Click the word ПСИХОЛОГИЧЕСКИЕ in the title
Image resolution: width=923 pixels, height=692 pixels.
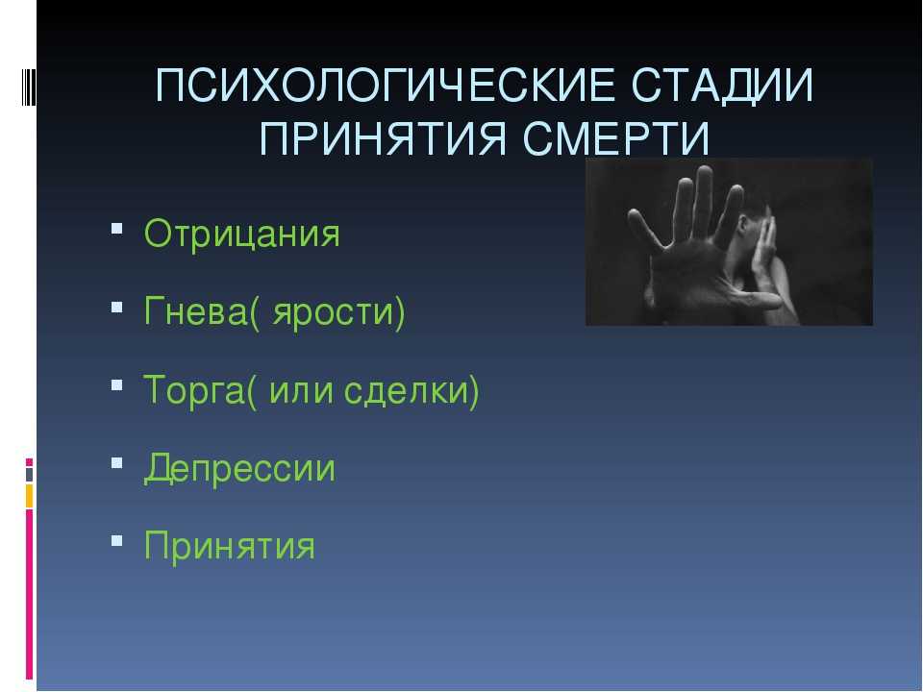(x=385, y=86)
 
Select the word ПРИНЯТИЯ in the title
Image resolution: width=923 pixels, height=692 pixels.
(x=383, y=138)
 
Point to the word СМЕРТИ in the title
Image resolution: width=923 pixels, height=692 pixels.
(x=615, y=138)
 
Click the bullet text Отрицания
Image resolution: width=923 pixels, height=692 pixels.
(x=242, y=235)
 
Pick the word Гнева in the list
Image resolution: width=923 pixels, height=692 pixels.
(x=195, y=310)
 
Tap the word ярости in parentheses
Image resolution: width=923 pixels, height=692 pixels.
(x=334, y=313)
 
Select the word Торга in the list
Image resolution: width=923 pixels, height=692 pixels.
(x=193, y=390)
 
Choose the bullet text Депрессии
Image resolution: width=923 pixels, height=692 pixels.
(x=239, y=469)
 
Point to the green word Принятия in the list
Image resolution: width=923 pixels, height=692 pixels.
(x=230, y=546)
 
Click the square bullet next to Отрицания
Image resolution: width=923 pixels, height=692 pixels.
(x=116, y=229)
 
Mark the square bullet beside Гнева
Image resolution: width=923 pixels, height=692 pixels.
(x=116, y=307)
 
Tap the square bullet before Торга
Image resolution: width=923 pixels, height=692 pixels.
(x=116, y=384)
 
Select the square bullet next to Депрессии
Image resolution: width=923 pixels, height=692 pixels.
(x=116, y=462)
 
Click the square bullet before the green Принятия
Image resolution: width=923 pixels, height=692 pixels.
(x=116, y=540)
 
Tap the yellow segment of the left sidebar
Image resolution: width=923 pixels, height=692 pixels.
(x=29, y=496)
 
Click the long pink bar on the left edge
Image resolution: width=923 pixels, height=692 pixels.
(x=29, y=594)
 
